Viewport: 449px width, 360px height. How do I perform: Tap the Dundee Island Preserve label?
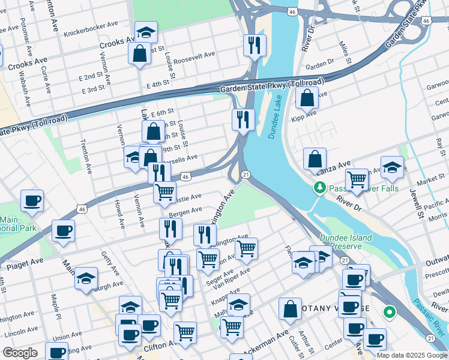pos(346,242)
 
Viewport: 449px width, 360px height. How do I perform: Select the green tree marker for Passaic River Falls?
pos(321,188)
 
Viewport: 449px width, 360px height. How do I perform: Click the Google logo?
pos(20,353)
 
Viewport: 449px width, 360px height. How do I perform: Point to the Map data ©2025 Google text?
pos(412,355)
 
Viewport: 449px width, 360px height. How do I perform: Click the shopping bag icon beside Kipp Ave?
pos(307,98)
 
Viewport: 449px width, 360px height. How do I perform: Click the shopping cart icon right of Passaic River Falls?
pos(357,179)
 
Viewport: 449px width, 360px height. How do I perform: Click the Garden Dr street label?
pos(319,62)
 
